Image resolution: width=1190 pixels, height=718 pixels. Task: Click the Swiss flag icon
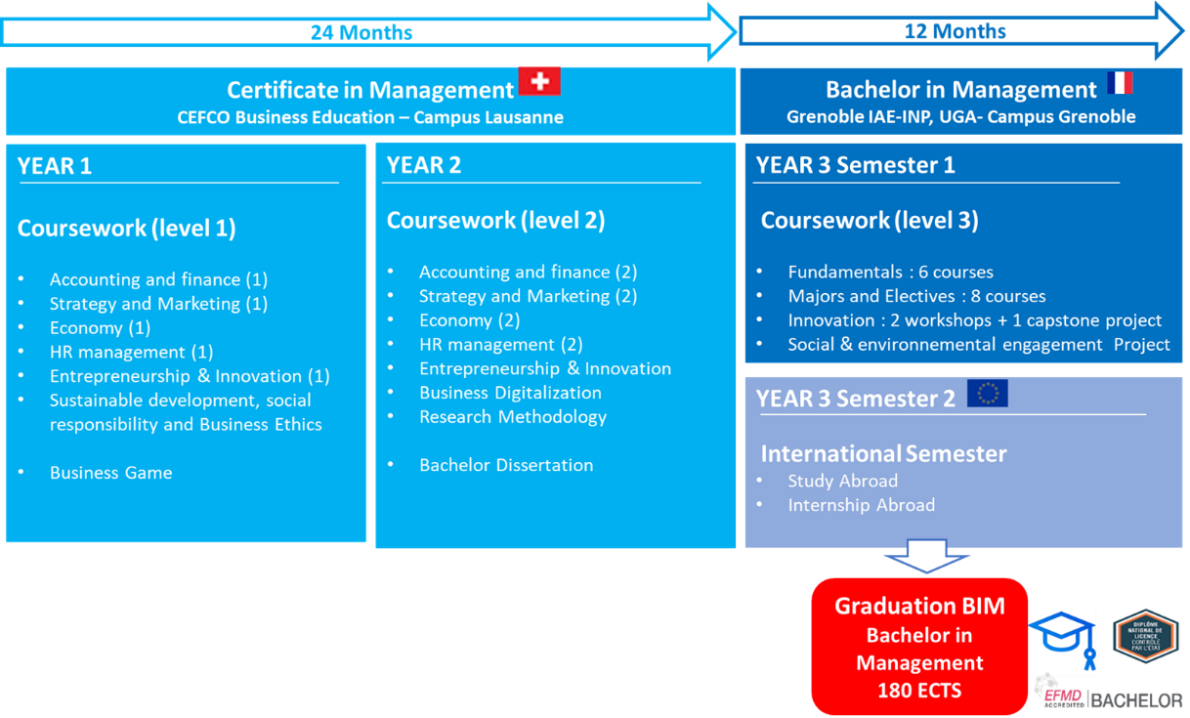(539, 81)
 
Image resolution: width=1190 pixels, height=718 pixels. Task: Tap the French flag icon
(1120, 83)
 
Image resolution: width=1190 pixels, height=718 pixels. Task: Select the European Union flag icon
(987, 394)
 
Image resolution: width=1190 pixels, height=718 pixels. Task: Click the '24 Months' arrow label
(361, 32)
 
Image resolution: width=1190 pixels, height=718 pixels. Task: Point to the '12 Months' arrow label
(955, 31)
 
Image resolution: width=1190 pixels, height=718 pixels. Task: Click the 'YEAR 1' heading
(55, 166)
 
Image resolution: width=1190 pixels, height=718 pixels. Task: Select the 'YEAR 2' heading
(423, 165)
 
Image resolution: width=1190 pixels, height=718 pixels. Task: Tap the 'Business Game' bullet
(110, 473)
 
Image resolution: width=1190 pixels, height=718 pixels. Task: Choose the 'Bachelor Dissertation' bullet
(505, 465)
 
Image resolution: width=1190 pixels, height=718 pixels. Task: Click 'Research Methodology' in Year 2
(512, 417)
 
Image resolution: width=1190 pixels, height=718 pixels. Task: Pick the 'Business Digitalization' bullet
(510, 393)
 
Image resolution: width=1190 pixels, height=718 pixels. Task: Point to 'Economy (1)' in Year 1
(100, 328)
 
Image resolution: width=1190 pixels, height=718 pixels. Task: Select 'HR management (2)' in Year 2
(500, 345)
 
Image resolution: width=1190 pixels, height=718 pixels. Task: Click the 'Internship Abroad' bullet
(861, 505)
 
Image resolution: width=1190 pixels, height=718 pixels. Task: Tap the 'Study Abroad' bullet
(842, 481)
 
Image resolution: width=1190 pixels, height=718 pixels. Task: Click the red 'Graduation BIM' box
(919, 647)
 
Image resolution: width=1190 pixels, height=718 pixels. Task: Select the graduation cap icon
(1062, 640)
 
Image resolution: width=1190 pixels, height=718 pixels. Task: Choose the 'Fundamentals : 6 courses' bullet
(890, 273)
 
